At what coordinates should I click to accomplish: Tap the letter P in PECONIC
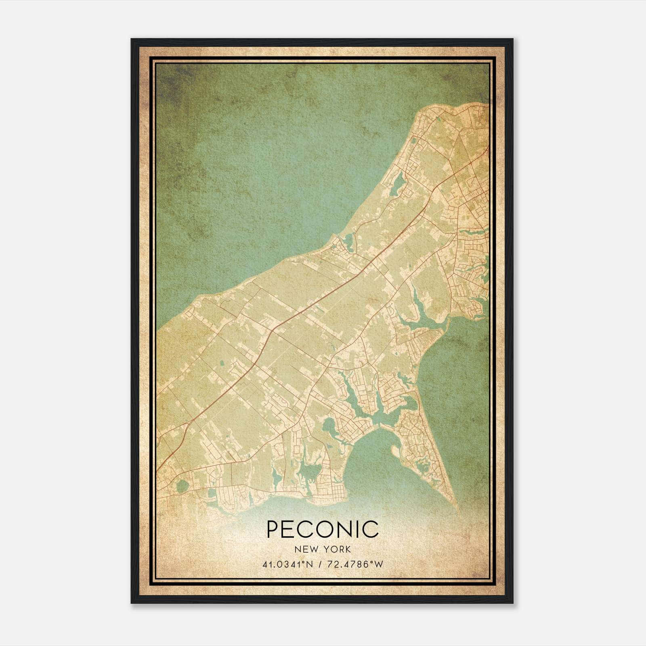pyautogui.click(x=273, y=529)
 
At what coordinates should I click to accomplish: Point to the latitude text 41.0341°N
pyautogui.click(x=287, y=564)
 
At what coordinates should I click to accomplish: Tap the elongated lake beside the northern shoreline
pyautogui.click(x=398, y=186)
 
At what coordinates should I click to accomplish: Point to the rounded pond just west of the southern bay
pyautogui.click(x=329, y=426)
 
